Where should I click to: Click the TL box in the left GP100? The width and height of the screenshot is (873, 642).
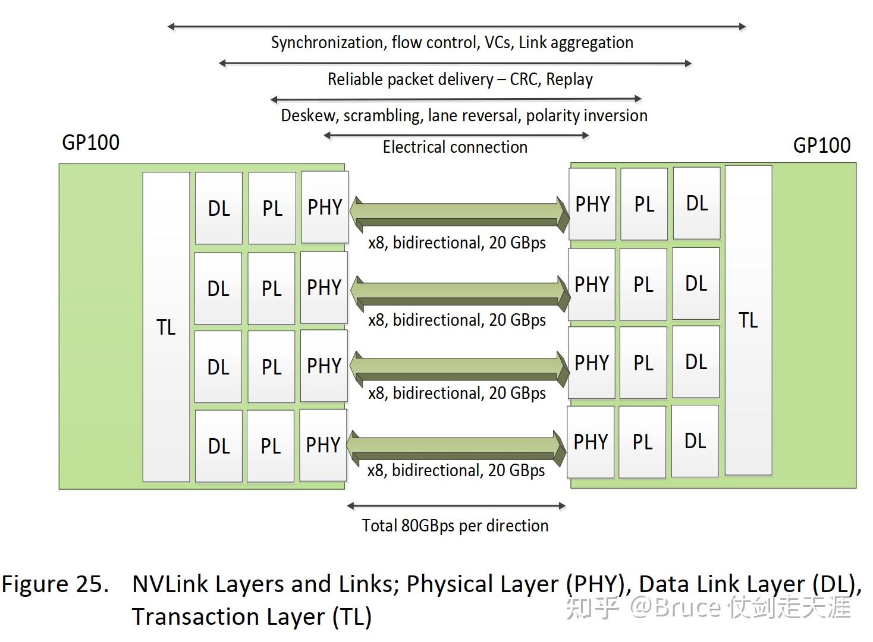tap(166, 327)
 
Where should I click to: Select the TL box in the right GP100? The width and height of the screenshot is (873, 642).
tap(748, 320)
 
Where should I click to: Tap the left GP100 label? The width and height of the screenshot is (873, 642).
tap(90, 143)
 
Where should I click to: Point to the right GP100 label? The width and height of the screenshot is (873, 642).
tap(821, 146)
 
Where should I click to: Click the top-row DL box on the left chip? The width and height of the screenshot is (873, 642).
tap(218, 208)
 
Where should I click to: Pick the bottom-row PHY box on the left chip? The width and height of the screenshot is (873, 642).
tap(323, 445)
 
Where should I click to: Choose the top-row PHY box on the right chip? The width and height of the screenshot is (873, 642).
tap(592, 204)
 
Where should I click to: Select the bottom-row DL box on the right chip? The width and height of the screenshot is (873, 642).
tap(695, 441)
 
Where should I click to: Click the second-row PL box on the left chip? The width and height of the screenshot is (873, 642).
tap(271, 288)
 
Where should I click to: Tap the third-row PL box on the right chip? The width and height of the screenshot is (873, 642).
tap(643, 363)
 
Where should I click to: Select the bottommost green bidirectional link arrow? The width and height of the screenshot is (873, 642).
tap(456, 447)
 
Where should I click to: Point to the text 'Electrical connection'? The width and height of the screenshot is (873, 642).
tap(455, 147)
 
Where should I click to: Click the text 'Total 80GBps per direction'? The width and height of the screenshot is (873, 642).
tap(455, 525)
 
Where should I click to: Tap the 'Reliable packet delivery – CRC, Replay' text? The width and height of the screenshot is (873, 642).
tap(460, 79)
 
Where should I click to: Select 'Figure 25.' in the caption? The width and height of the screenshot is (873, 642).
tap(55, 584)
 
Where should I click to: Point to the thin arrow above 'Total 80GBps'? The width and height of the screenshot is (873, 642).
tap(456, 506)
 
